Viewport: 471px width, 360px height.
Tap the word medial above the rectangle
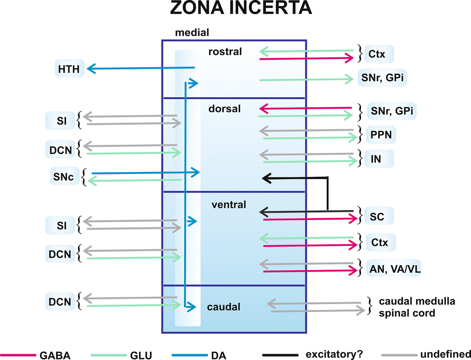[192, 33]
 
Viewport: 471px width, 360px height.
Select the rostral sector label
[225, 51]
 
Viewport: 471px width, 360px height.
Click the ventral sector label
[229, 205]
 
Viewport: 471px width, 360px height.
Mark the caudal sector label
[224, 308]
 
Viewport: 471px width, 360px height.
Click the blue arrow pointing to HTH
[141, 69]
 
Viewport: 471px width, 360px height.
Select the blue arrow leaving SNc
[146, 172]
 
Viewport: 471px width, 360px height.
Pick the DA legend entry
[219, 355]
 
